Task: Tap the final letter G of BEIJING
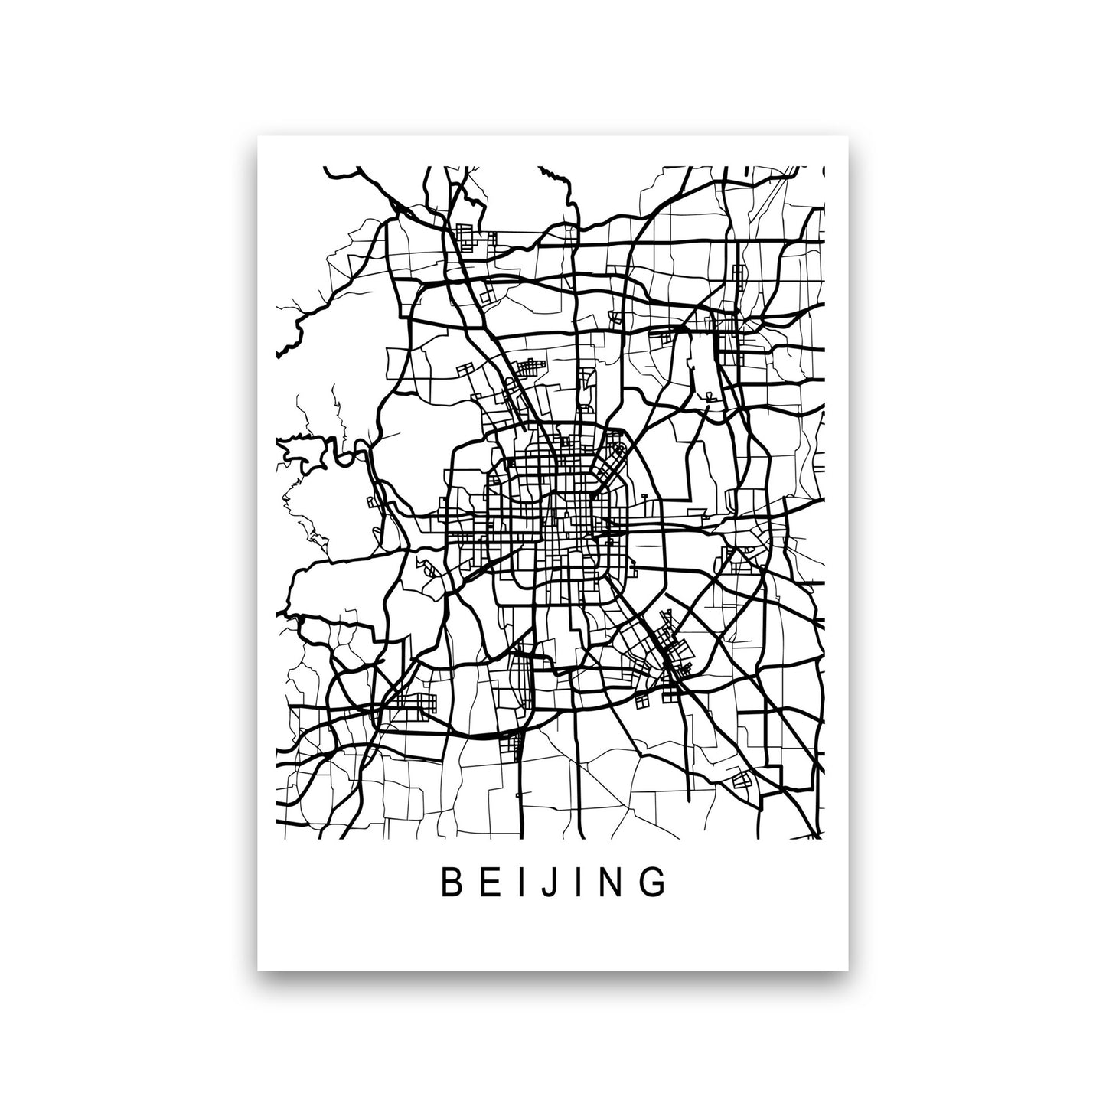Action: click(x=652, y=882)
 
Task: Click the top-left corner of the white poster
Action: click(x=259, y=137)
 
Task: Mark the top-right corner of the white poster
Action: click(x=853, y=137)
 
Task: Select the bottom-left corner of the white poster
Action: click(x=259, y=970)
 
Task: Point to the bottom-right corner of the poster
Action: click(x=853, y=970)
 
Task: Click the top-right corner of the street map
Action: click(x=824, y=167)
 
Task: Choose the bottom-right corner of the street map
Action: click(x=824, y=839)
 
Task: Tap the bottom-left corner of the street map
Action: click(x=276, y=839)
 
